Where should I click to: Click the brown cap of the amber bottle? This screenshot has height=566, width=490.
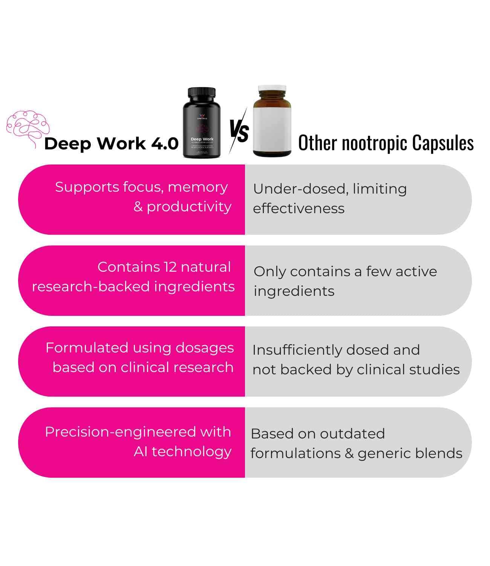click(x=272, y=92)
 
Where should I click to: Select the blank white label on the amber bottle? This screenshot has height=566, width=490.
click(x=272, y=126)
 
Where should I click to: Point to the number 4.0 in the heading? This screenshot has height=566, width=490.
click(x=165, y=144)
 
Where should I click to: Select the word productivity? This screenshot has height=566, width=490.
click(x=189, y=207)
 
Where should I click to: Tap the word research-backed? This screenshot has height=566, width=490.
click(x=91, y=287)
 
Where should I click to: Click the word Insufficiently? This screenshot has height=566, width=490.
click(x=297, y=350)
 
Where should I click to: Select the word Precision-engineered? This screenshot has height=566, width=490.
click(x=120, y=432)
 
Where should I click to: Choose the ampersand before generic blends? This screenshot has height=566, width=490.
click(x=349, y=453)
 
